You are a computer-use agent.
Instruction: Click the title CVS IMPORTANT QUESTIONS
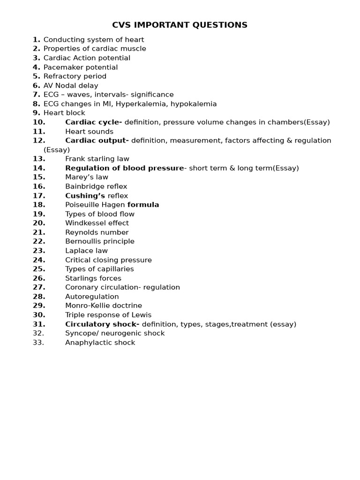(x=180, y=25)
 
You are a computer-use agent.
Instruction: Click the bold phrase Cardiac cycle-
(x=93, y=122)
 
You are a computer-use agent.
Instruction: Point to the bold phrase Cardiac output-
(x=97, y=140)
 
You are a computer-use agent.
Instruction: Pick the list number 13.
(x=39, y=158)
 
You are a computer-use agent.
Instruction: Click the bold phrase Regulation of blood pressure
(x=124, y=168)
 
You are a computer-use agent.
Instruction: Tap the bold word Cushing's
(x=85, y=195)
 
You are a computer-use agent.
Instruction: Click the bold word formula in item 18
(x=143, y=204)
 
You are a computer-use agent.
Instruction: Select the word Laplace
(x=79, y=250)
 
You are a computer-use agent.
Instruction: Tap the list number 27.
(x=39, y=287)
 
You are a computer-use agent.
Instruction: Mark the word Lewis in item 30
(x=142, y=315)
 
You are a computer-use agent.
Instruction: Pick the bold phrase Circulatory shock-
(x=102, y=324)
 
